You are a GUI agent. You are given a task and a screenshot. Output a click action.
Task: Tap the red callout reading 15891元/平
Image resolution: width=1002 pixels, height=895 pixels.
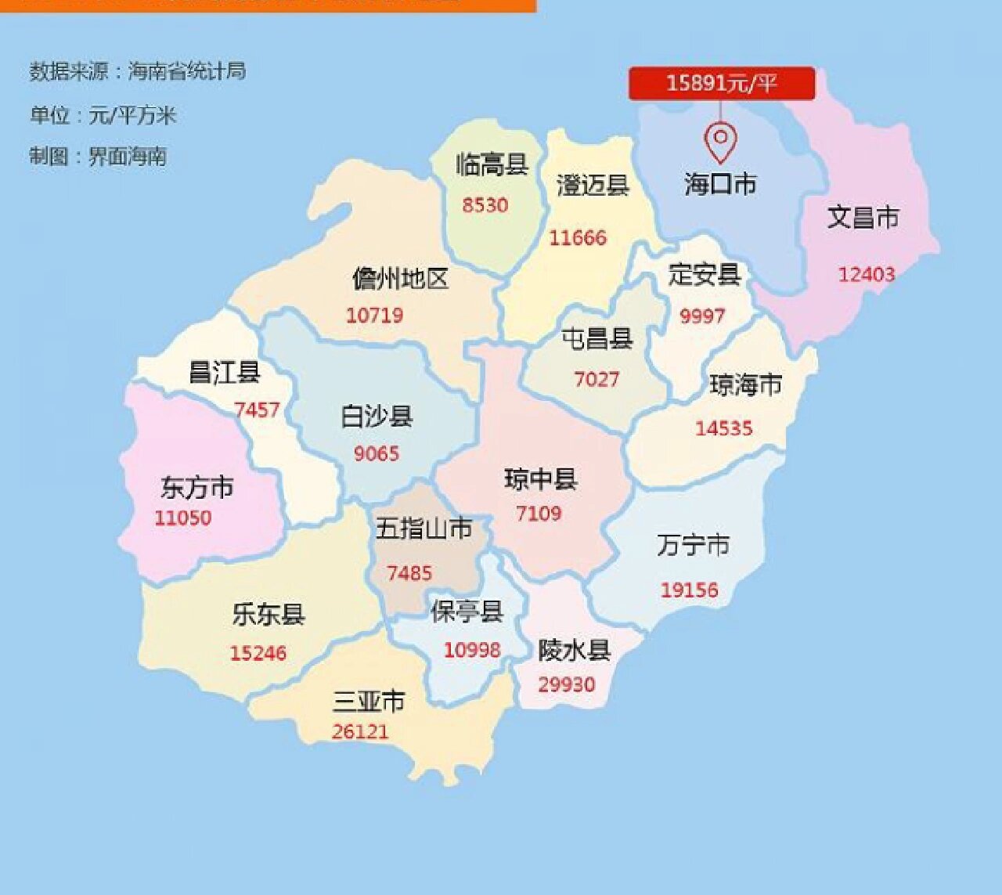pos(721,83)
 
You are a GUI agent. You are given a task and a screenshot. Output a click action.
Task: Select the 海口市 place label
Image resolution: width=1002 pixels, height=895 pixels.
pos(720,184)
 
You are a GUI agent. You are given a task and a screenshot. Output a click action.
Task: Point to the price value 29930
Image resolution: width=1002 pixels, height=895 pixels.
pos(566,684)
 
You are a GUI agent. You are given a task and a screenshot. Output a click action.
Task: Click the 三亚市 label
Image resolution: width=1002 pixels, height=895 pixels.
pos(369,700)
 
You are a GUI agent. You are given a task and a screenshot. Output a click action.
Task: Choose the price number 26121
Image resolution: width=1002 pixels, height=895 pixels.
pos(360,731)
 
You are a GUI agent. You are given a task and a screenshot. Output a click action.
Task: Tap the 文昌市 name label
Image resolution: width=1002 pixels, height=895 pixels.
pos(863,217)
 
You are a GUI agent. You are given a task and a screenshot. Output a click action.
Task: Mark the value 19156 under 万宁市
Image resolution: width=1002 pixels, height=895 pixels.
pos(689,590)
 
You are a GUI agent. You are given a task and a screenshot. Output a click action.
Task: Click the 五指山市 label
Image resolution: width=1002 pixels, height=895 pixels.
pos(424,529)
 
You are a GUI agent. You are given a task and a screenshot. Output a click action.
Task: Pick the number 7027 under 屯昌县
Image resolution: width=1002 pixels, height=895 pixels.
pos(597,379)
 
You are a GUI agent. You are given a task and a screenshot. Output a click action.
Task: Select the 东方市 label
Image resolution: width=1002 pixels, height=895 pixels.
pos(197,487)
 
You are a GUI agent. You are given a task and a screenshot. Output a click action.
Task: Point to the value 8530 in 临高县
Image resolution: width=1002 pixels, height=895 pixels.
pos(485,205)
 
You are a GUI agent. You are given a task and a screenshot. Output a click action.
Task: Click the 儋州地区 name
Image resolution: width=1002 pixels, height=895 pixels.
pos(400,279)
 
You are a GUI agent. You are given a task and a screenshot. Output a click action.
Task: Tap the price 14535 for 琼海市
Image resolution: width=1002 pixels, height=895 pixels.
pos(724,428)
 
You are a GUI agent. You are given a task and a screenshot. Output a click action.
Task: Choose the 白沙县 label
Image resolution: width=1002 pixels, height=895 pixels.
pos(377,416)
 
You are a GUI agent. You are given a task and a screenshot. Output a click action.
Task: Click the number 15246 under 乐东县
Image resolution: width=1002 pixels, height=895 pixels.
pos(258,653)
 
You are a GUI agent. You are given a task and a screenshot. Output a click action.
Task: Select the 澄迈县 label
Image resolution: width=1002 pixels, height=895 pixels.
pos(593,186)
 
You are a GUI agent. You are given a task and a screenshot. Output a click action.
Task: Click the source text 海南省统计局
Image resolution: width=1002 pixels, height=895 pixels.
pos(187,71)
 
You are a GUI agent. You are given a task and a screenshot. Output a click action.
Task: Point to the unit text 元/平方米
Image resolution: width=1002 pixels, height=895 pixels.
pos(132,115)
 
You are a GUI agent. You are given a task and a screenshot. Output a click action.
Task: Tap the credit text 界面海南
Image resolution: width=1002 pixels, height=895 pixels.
pos(128,157)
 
